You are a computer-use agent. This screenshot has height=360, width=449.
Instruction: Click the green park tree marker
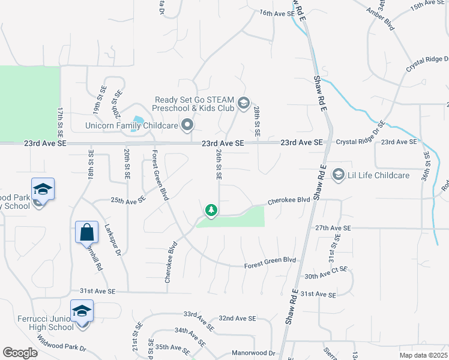point(211,210)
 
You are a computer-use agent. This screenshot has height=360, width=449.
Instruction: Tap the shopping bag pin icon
point(87,230)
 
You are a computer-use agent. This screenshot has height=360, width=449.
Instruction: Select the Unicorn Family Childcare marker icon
point(187,125)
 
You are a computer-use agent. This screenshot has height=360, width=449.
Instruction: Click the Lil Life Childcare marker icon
point(338,175)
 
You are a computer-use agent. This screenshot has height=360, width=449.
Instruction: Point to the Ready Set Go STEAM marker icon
point(243,103)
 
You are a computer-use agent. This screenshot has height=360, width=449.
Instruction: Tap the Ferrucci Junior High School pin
point(82,311)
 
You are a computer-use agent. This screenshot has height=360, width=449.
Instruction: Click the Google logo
point(20,353)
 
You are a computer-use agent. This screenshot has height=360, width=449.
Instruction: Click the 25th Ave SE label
point(128,199)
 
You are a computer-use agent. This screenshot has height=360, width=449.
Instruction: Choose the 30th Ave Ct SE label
point(326,273)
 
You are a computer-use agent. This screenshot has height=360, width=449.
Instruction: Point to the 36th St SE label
point(427,166)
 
